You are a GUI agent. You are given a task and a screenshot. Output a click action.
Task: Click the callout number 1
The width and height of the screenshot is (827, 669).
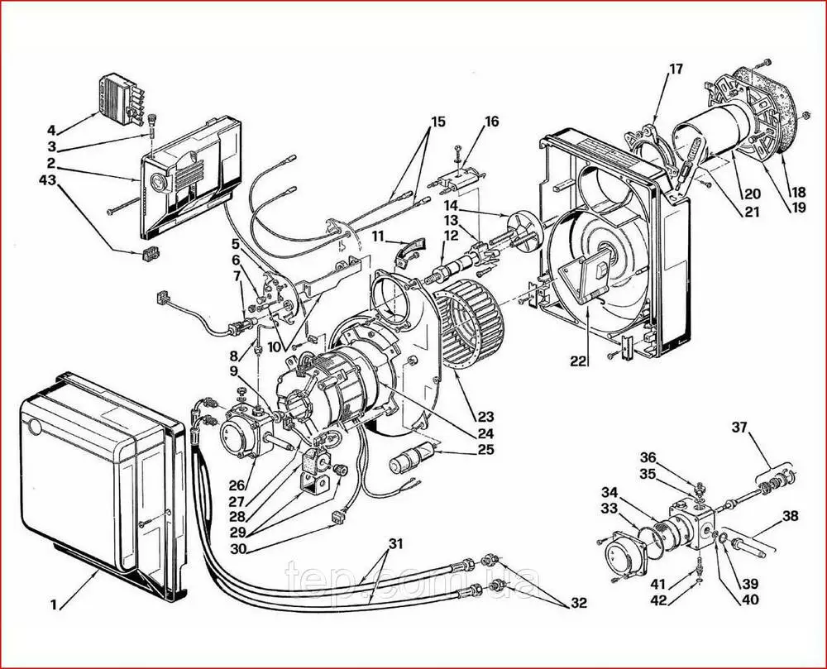[54, 604]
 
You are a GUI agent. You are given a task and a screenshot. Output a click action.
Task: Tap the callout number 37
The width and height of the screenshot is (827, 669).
[739, 427]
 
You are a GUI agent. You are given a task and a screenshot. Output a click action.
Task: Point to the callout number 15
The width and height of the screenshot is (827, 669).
[437, 122]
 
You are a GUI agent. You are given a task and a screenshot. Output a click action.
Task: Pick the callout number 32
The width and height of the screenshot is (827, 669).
[578, 604]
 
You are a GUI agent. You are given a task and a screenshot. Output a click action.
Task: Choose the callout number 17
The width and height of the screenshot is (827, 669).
[676, 69]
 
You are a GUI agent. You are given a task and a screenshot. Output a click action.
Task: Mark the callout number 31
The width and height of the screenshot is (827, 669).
[396, 543]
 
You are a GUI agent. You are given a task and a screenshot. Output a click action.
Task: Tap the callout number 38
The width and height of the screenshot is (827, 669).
[791, 515]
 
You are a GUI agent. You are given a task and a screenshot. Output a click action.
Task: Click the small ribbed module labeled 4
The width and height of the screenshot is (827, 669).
[122, 95]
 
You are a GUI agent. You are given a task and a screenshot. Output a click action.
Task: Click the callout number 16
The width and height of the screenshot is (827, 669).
[492, 122]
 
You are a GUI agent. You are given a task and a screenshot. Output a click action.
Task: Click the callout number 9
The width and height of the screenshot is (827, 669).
[234, 370]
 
